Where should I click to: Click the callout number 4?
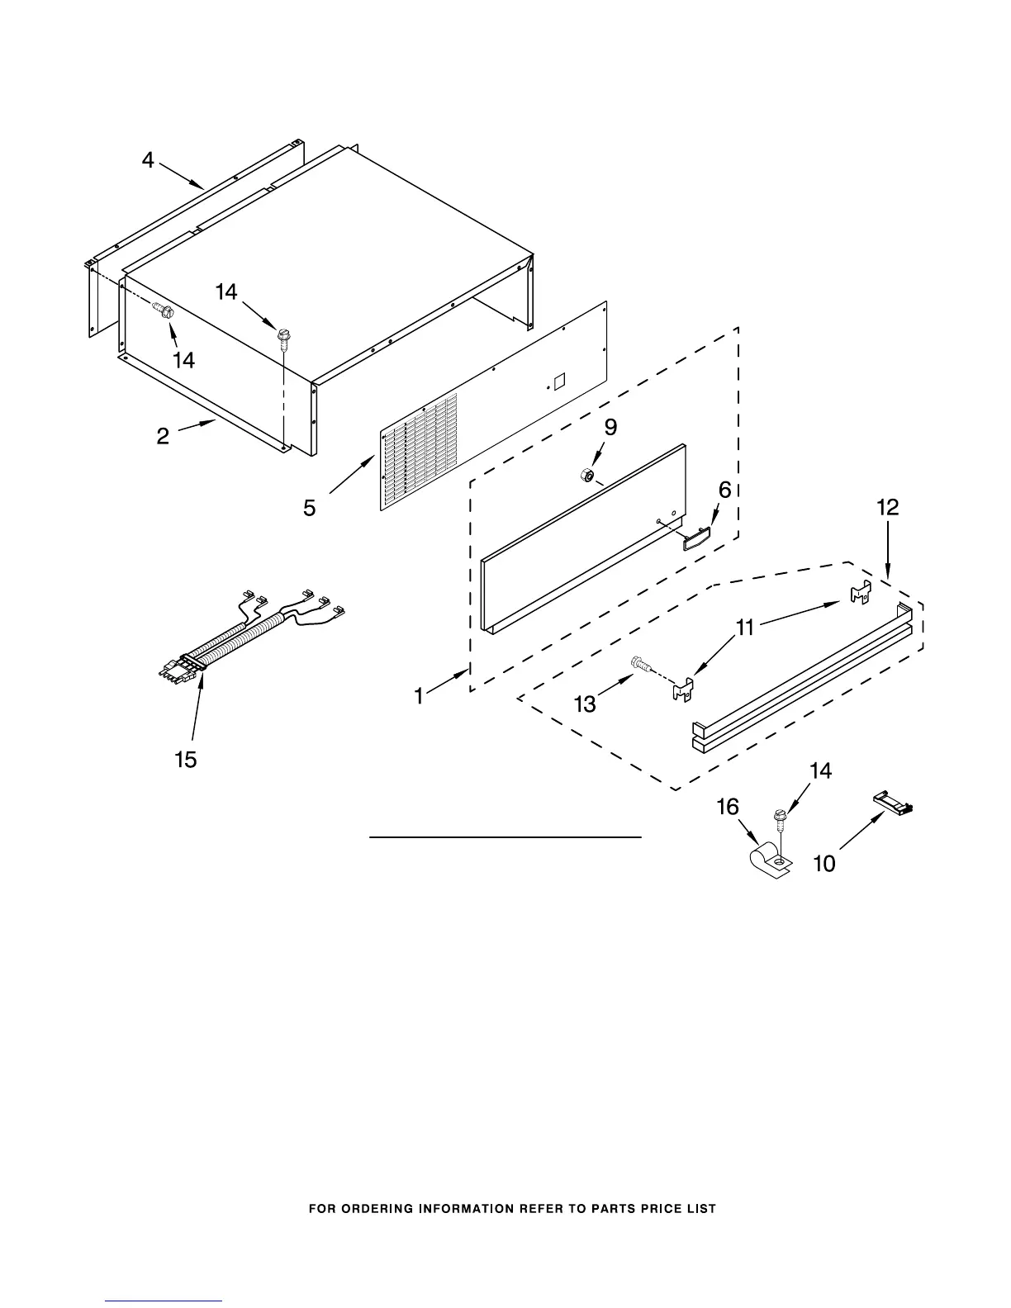(148, 160)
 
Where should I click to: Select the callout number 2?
(164, 436)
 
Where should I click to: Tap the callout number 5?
(309, 508)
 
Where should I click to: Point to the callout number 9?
(610, 427)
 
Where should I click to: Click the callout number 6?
(724, 490)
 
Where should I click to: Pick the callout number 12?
(887, 507)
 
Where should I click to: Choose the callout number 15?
(186, 760)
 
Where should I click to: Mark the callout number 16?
(727, 807)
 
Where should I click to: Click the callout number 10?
(824, 864)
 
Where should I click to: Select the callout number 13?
(585, 704)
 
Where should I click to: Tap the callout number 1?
(419, 697)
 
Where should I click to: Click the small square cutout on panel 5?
(558, 381)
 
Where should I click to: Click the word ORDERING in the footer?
(379, 1209)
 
